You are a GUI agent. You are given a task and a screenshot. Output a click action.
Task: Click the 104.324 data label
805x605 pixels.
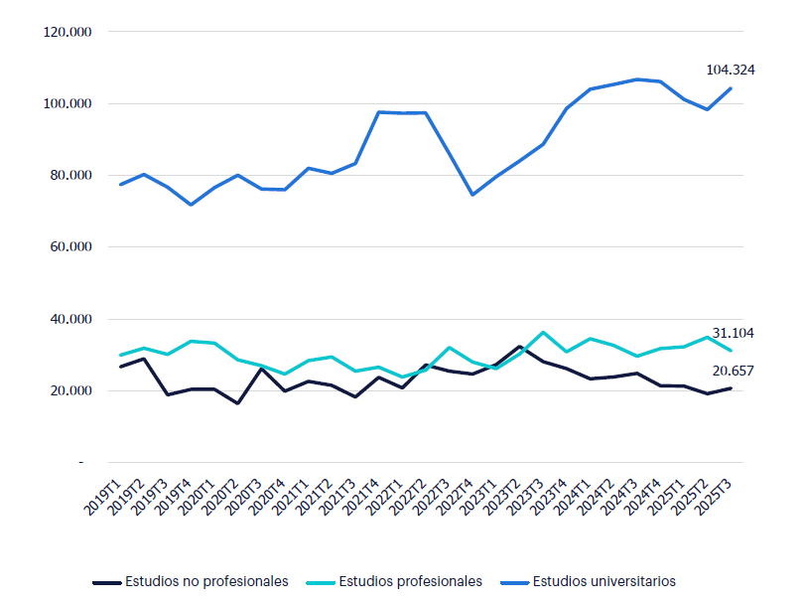tap(731, 70)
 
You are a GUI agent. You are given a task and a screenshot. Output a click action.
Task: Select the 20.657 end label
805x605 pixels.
tap(733, 371)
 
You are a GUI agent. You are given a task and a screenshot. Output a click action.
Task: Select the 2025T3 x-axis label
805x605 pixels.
tap(716, 495)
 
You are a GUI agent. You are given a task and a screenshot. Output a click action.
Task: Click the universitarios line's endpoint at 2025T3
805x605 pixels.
tap(732, 88)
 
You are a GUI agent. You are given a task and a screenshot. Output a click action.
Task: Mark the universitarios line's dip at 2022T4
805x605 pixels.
tap(472, 195)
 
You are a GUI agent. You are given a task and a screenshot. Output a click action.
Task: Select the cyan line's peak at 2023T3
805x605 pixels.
tap(543, 332)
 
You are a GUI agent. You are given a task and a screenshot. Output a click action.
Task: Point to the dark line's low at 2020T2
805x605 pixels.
tap(238, 403)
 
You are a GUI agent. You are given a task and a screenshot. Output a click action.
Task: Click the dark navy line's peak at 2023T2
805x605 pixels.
tap(520, 347)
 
